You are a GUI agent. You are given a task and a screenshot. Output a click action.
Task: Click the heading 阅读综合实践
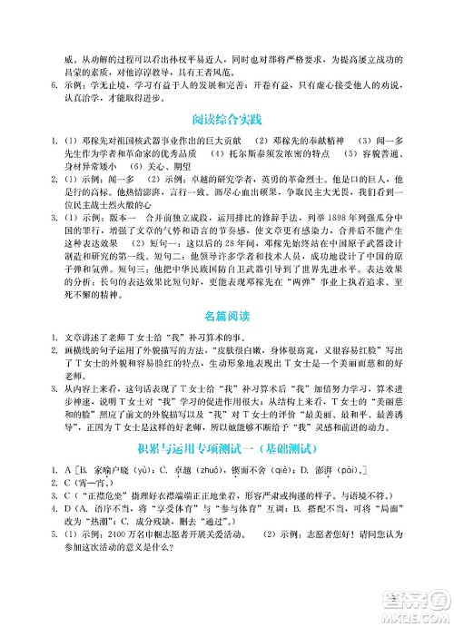(227, 119)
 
